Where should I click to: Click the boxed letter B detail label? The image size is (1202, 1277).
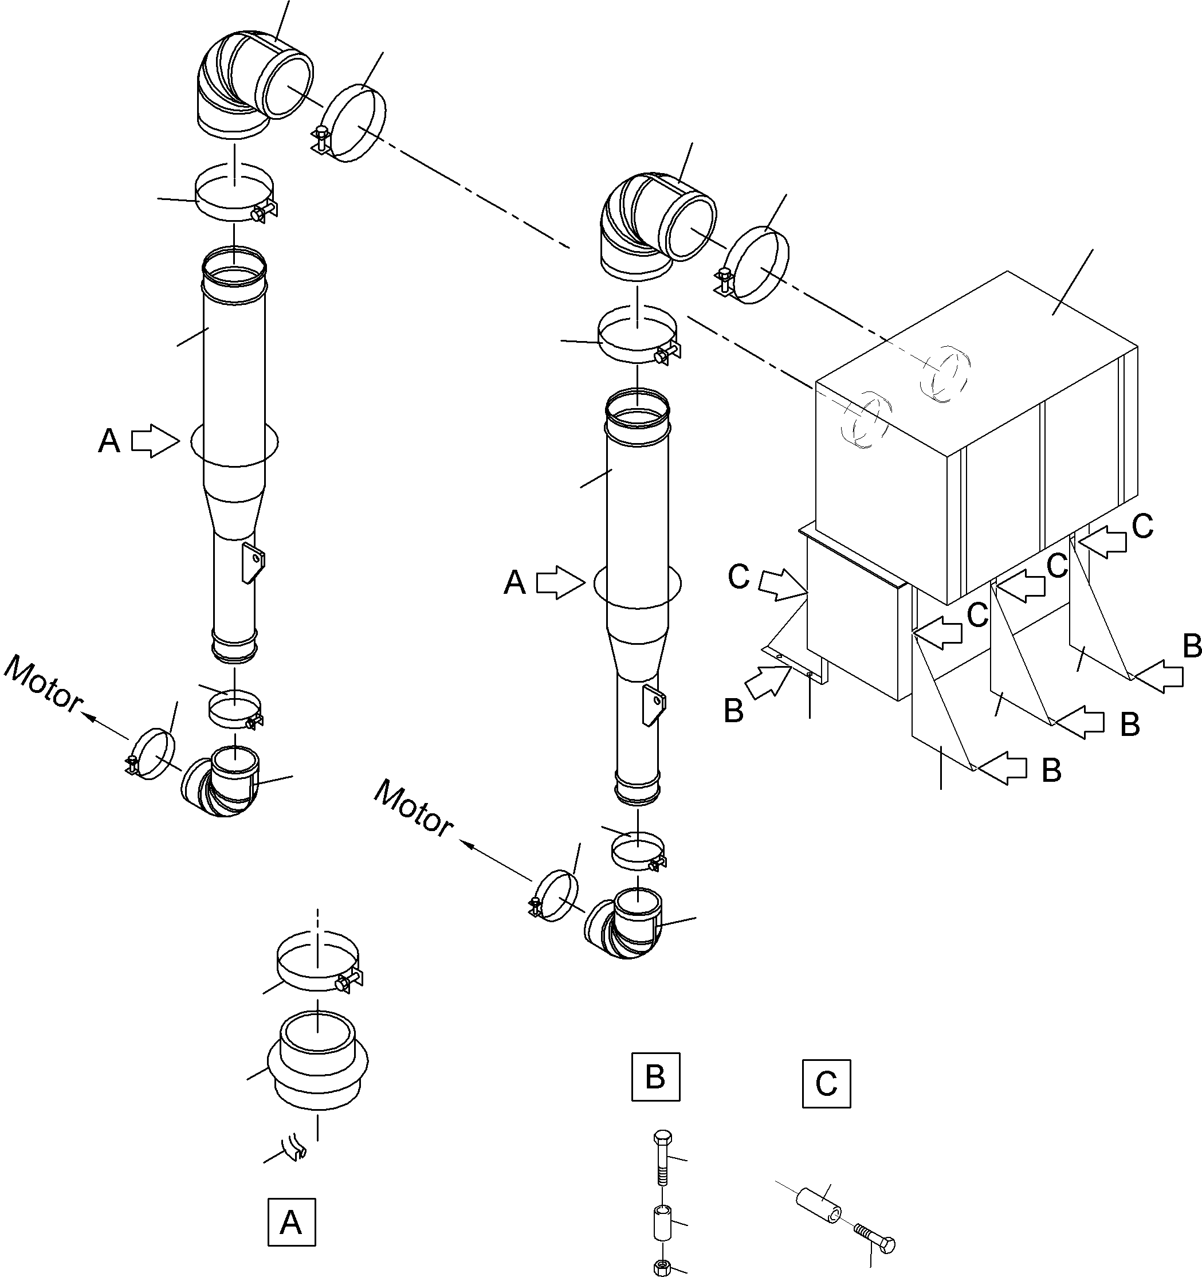point(655,1076)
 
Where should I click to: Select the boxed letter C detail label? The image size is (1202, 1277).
point(826,1084)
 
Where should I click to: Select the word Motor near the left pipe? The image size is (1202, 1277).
point(43,685)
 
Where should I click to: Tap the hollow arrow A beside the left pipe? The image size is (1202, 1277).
point(155,441)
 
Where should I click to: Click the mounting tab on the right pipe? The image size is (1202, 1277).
point(655,704)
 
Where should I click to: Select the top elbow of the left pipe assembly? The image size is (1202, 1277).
point(247,90)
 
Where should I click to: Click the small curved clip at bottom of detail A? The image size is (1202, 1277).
point(297,1148)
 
